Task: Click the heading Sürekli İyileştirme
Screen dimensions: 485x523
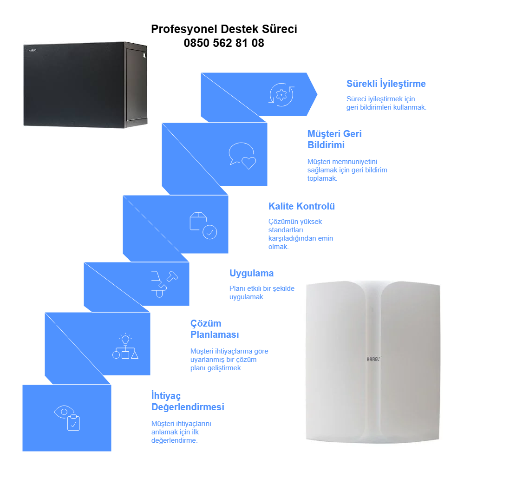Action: click(x=386, y=84)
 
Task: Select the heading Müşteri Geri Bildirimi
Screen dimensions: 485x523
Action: click(x=334, y=139)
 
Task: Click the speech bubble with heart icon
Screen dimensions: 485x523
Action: click(x=242, y=156)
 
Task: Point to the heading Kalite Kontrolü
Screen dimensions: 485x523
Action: click(x=301, y=206)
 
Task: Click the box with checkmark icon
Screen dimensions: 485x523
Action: click(x=203, y=225)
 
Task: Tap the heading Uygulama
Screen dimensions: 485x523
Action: click(x=251, y=273)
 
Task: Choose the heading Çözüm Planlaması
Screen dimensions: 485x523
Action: click(x=214, y=329)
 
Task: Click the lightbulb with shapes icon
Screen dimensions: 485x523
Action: click(x=125, y=346)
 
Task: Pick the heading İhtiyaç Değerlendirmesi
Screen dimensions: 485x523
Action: click(x=187, y=401)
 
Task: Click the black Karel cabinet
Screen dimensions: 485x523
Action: click(x=85, y=85)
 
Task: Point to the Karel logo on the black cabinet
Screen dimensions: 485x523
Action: click(x=32, y=50)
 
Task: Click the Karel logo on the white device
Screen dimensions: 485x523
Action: click(x=373, y=359)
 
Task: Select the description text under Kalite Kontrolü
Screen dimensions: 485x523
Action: click(x=301, y=234)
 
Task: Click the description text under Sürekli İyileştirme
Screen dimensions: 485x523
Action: click(x=386, y=103)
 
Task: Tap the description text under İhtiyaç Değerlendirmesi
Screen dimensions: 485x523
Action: click(x=181, y=432)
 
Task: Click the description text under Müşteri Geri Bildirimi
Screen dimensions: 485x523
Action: click(x=347, y=170)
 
